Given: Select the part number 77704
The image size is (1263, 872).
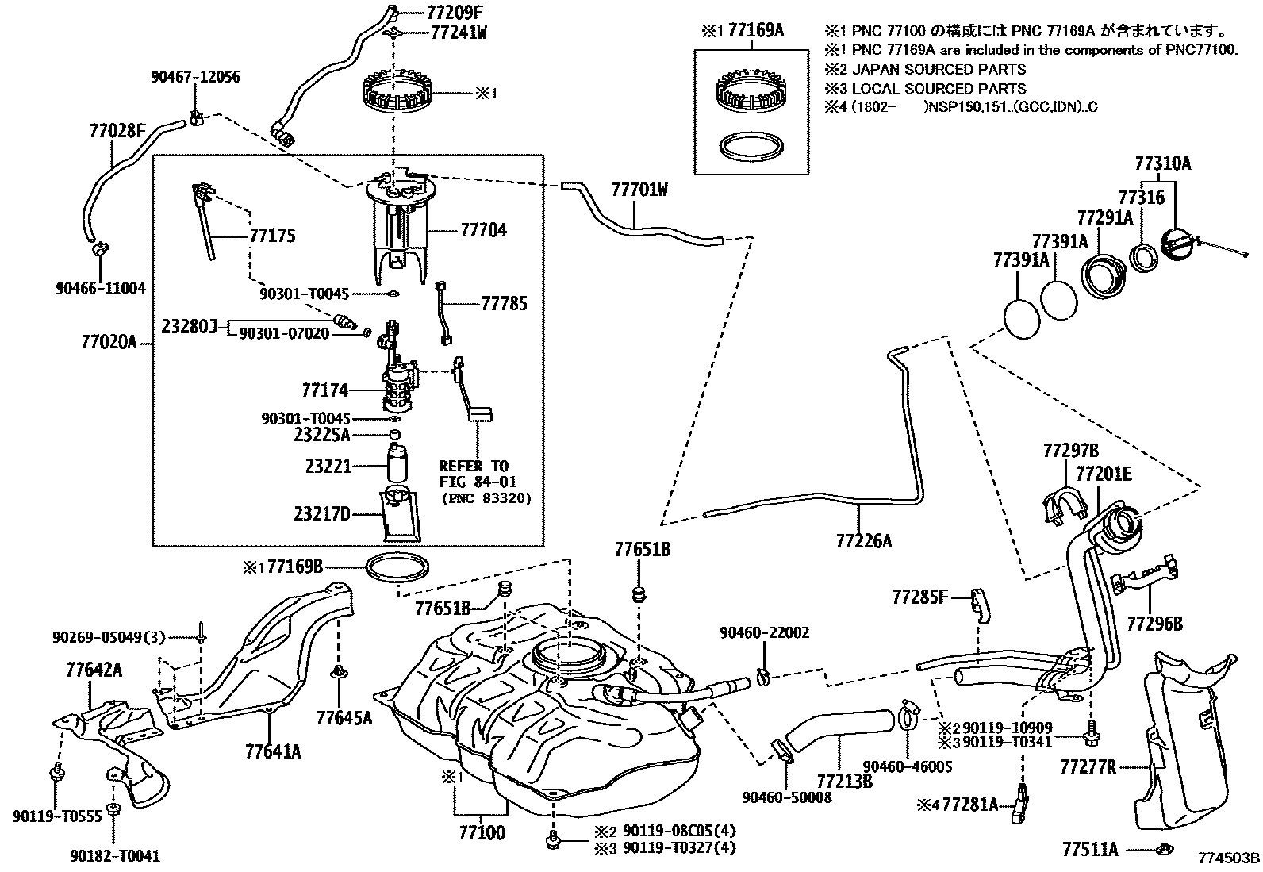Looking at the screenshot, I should [483, 231].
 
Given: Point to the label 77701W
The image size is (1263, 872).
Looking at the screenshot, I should [639, 190].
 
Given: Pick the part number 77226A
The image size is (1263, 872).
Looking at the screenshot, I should [863, 541].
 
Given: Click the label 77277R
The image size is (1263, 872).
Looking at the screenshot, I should [1088, 766].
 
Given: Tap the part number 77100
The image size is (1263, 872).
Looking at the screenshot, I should [482, 833].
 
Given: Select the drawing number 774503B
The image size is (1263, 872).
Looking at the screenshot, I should [1229, 859].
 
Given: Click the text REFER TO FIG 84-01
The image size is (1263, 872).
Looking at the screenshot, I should [474, 474].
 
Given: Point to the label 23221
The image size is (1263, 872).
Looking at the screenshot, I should [328, 467].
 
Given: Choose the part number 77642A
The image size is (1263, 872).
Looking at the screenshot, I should [94, 671].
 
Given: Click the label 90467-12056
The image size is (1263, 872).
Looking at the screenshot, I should [195, 77].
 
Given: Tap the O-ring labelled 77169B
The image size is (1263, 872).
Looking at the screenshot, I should [399, 567].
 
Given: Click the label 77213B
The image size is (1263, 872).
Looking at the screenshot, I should [845, 781].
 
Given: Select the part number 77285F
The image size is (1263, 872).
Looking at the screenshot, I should [919, 596].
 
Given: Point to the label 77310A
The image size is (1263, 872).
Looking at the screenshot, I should [1162, 164].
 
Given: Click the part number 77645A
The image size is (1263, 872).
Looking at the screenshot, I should [344, 718].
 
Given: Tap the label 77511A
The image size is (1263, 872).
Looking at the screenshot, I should [1089, 850].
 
